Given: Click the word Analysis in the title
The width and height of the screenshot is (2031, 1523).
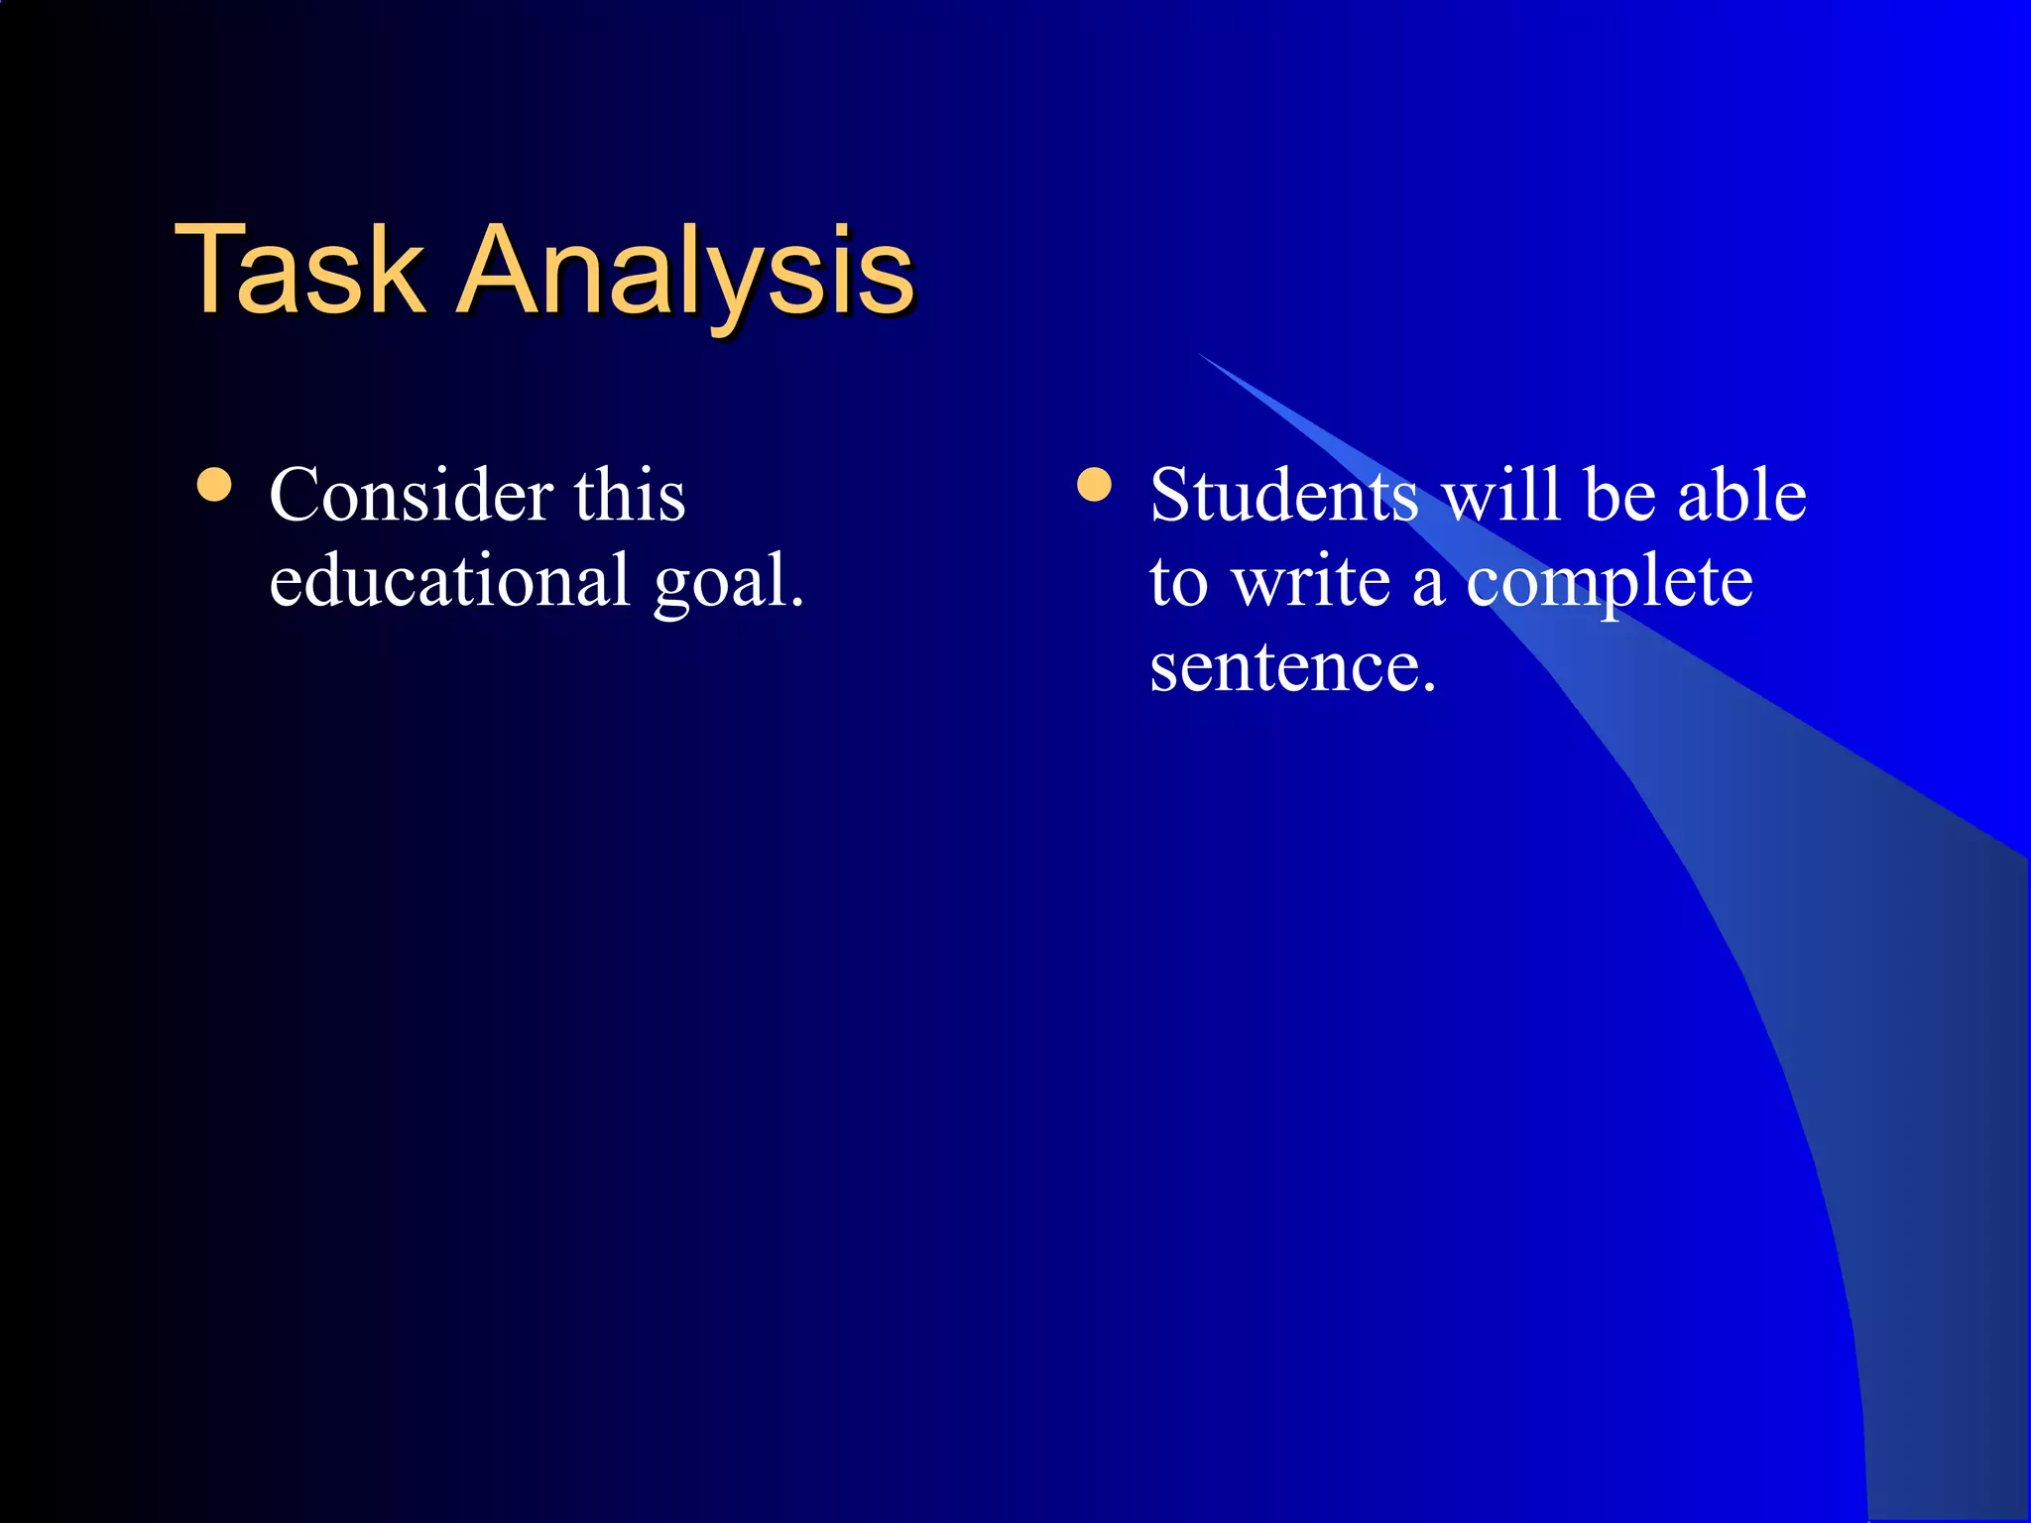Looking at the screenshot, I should click(x=686, y=270).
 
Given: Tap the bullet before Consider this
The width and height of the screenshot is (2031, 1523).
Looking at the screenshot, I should click(x=214, y=486).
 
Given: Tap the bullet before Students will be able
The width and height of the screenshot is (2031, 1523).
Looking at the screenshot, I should click(x=1094, y=486).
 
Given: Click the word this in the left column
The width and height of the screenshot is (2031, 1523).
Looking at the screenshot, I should click(x=630, y=495).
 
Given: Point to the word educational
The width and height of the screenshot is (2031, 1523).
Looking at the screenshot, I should click(x=449, y=581).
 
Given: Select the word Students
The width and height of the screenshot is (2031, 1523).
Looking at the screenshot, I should click(x=1284, y=495).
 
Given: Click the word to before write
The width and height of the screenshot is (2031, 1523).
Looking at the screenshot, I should click(x=1179, y=583).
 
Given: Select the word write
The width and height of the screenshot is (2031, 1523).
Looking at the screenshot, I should click(x=1311, y=581).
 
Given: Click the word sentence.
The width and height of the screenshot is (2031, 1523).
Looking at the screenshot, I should click(x=1291, y=667).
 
